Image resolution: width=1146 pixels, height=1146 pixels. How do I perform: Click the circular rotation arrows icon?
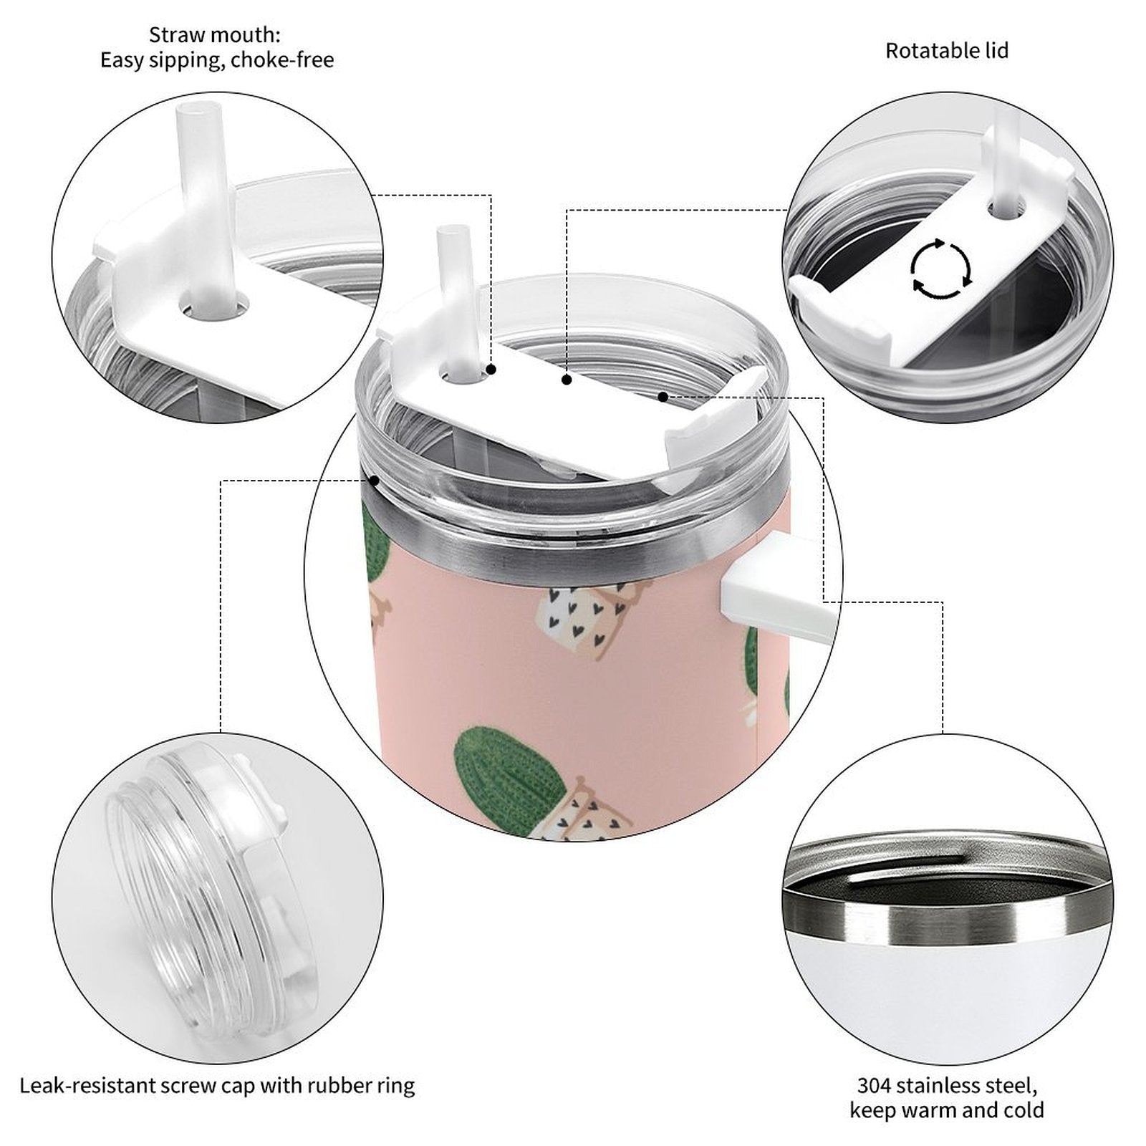tap(940, 269)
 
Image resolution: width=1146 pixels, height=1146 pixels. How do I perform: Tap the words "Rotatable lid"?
tap(947, 51)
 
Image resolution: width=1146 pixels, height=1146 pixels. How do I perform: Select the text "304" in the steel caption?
tap(875, 1086)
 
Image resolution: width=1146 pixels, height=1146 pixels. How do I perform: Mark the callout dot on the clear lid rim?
tap(374, 481)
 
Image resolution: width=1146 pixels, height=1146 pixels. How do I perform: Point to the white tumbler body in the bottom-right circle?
tap(947, 988)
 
